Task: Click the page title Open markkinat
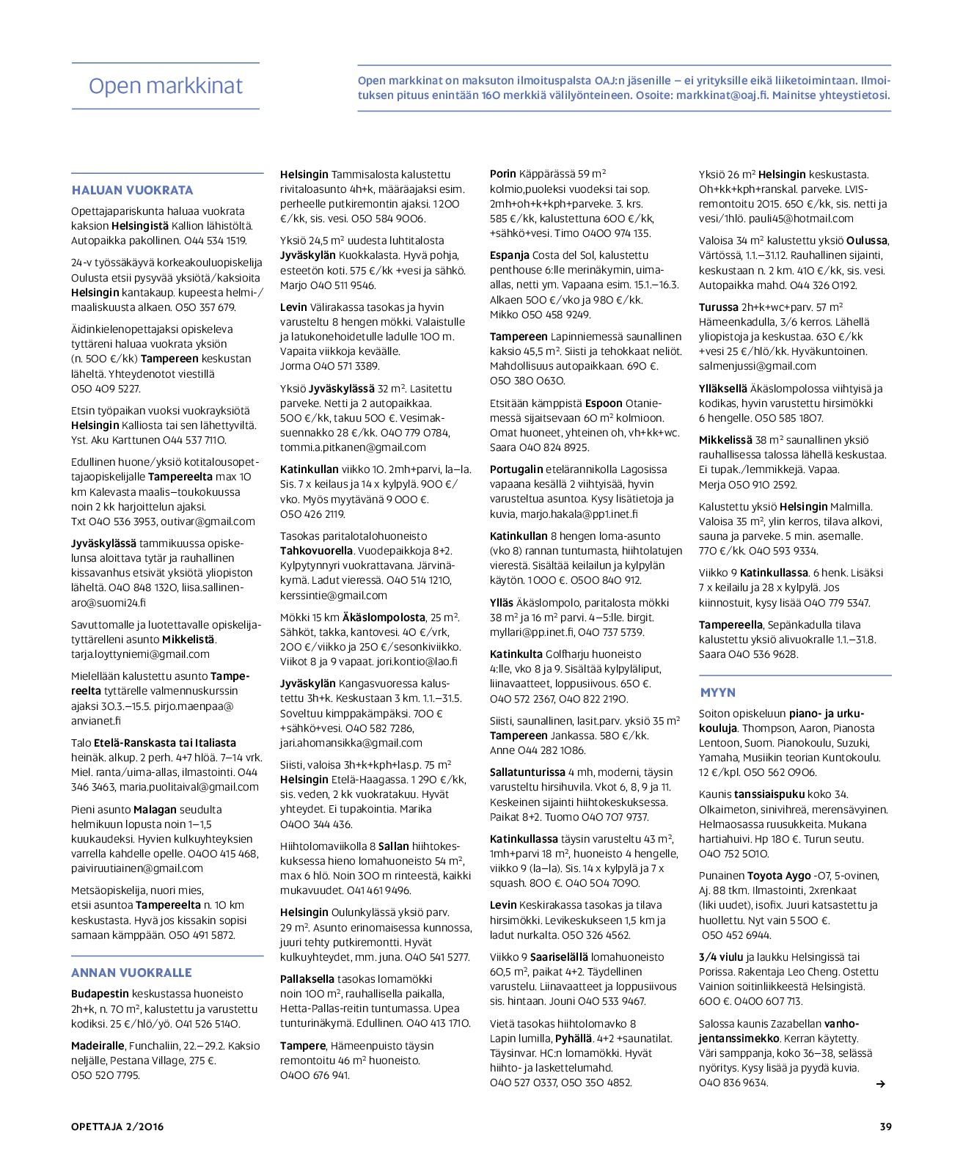165,86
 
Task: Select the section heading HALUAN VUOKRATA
132,190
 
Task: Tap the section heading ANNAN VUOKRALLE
131,973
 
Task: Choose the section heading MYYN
717,692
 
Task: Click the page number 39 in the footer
885,1127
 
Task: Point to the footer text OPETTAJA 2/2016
117,1127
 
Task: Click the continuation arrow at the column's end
881,1083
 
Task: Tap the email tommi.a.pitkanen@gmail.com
353,447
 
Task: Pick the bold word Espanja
509,255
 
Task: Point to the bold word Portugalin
516,469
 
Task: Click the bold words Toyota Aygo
779,876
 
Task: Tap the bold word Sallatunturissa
527,772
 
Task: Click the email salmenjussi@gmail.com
757,366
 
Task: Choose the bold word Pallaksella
307,979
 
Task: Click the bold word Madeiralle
98,1046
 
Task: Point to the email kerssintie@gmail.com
334,596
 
